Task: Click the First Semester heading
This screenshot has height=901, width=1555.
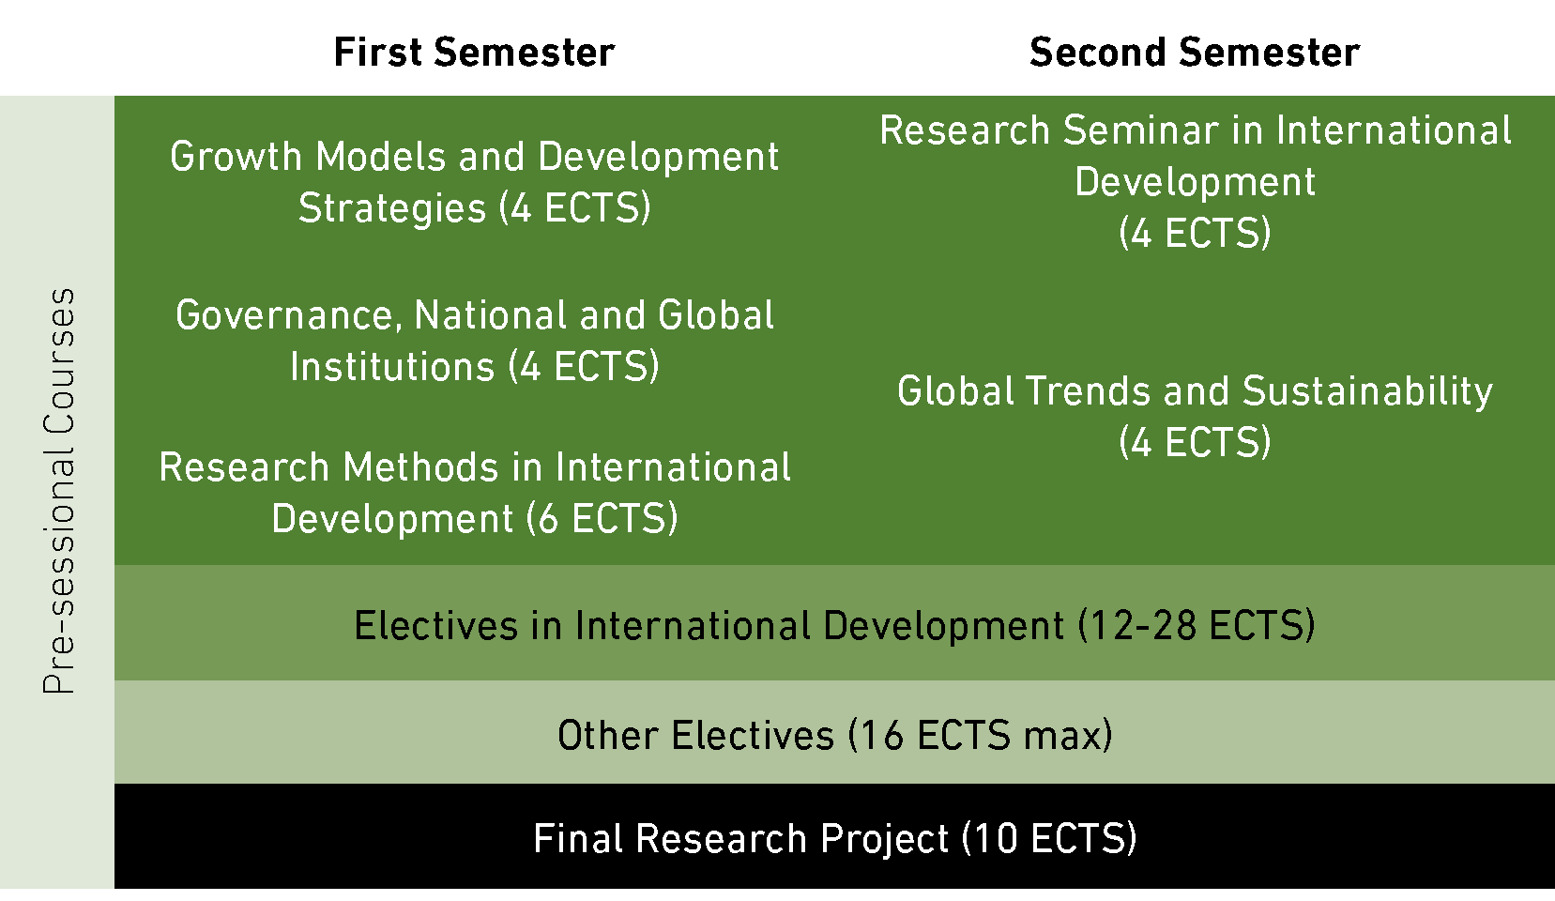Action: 474,53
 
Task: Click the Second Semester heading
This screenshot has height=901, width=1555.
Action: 1195,53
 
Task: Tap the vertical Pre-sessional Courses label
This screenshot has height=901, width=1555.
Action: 59,491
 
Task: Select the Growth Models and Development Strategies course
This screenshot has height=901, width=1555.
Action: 474,182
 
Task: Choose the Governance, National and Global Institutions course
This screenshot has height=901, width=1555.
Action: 474,341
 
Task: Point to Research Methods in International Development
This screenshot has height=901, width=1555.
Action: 474,493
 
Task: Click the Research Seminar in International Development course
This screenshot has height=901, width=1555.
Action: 1195,181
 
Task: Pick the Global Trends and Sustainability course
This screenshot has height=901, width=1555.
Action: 1195,417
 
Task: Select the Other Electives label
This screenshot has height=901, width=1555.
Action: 834,735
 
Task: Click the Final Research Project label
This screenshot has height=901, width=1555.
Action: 834,838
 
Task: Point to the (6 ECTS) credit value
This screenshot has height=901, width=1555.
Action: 602,518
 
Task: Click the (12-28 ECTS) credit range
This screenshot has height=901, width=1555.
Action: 1197,625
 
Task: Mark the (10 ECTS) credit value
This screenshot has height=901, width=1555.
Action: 1049,838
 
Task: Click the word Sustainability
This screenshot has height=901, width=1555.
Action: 1367,391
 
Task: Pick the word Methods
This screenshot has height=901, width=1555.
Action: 420,467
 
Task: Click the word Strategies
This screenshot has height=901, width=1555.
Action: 392,208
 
